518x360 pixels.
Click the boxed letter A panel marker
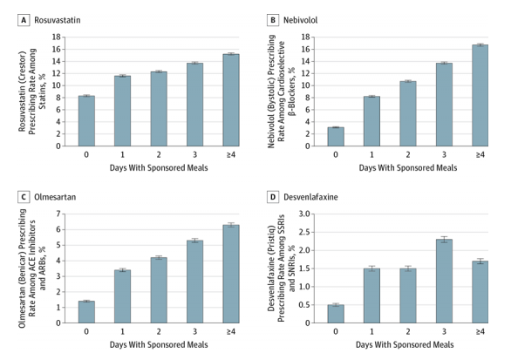point(24,20)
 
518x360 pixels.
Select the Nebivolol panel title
point(300,20)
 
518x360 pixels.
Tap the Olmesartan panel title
point(55,197)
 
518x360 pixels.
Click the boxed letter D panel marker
point(273,197)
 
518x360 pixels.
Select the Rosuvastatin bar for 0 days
point(86,121)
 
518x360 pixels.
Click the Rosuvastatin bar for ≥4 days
point(231,100)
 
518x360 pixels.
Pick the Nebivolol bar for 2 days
point(408,113)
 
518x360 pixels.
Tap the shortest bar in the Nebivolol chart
point(336,137)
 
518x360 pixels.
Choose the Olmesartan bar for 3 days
point(195,282)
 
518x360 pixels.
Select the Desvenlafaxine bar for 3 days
point(444,281)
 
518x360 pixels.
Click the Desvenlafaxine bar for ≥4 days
point(480,292)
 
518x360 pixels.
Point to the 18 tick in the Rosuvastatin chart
point(57,37)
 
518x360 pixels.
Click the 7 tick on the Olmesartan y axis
point(58,214)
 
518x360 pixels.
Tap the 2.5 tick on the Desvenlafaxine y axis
point(304,232)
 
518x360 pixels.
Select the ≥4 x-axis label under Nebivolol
point(480,154)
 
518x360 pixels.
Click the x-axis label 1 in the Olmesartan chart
point(123,331)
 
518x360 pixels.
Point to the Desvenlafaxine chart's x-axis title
point(405,345)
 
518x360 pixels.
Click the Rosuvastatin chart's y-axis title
point(32,92)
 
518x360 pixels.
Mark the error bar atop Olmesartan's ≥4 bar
point(231,225)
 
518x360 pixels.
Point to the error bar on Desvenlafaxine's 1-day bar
point(371,268)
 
